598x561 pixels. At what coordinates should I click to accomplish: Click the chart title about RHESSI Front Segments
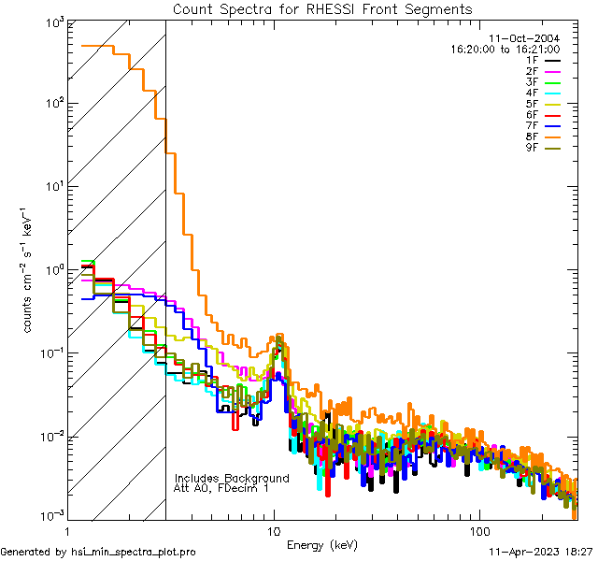[x=323, y=9]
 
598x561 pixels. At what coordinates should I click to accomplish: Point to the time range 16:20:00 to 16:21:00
[x=505, y=49]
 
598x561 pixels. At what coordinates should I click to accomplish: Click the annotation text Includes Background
[x=232, y=478]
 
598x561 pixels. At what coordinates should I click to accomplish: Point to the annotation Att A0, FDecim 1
[x=221, y=488]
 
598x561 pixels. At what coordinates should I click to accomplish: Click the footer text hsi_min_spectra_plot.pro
[x=134, y=553]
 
